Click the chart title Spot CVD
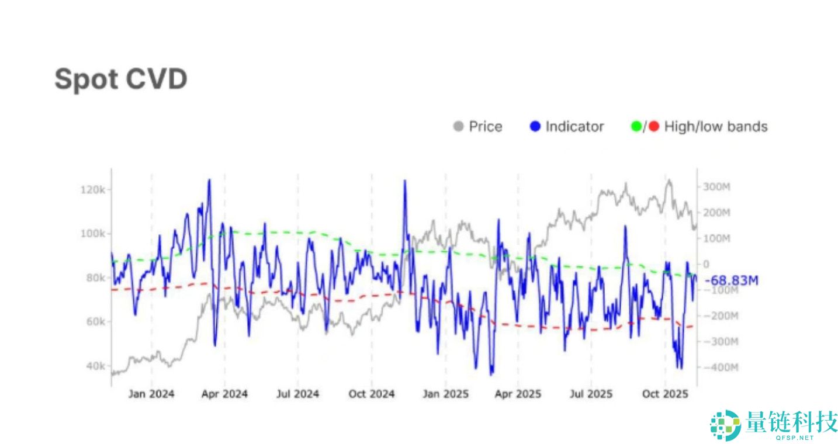click(x=121, y=79)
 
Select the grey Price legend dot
click(x=459, y=126)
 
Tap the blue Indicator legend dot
click(x=535, y=126)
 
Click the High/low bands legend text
click(x=715, y=126)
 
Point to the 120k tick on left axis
click(x=94, y=190)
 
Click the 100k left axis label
click(x=94, y=234)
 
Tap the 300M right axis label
click(x=717, y=187)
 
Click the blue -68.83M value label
click(x=732, y=281)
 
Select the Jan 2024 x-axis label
click(x=151, y=394)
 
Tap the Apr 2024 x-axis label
click(x=224, y=394)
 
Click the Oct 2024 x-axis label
click(x=372, y=394)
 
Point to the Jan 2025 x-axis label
click(x=445, y=394)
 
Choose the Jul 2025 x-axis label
click(x=590, y=394)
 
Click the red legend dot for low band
click(x=653, y=126)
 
